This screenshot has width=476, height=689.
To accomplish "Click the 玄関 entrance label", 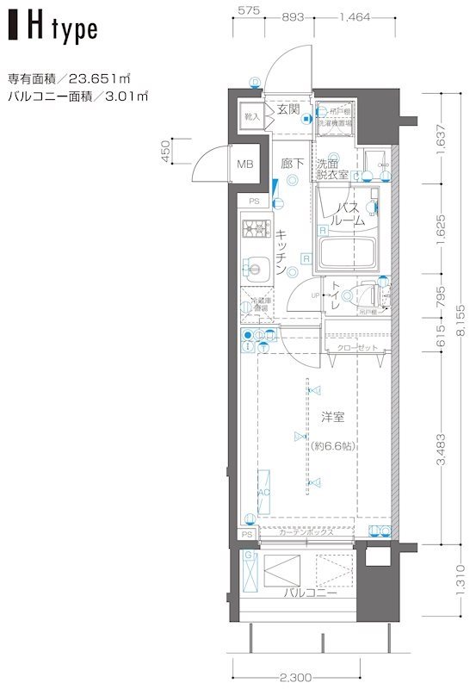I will (287, 109).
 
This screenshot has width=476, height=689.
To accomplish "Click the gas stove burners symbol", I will (256, 230).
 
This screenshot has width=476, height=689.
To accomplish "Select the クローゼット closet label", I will (356, 347).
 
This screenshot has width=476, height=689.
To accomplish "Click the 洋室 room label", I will (333, 418).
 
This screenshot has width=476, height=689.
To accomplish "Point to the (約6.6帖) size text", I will (334, 445).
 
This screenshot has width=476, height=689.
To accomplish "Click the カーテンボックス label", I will (306, 535).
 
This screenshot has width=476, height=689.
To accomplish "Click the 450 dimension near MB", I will (165, 152).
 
